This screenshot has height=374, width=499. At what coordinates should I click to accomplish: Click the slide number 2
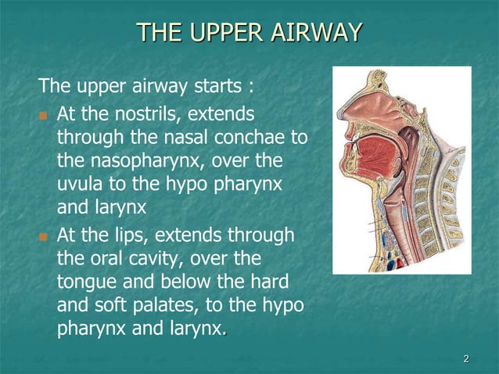[x=466, y=359]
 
